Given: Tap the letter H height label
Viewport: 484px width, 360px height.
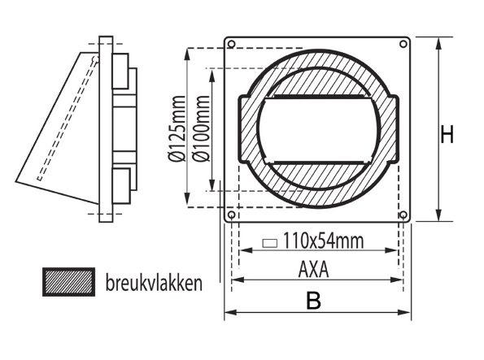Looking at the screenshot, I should (447, 134).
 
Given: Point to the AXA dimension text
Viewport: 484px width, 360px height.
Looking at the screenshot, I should (314, 269).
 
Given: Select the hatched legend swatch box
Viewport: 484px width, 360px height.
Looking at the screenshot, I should (68, 283).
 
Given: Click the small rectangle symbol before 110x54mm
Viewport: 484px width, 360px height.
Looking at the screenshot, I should (271, 242).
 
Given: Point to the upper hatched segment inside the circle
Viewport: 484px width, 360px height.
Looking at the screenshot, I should (318, 81).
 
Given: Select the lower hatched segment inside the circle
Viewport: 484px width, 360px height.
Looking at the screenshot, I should (318, 174).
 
